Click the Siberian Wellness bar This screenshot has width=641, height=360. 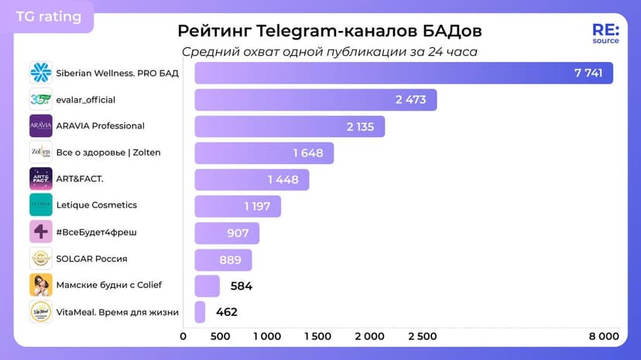pyautogui.click(x=403, y=74)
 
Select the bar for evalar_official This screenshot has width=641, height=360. pyautogui.click(x=315, y=100)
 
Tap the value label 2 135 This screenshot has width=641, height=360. pyautogui.click(x=360, y=126)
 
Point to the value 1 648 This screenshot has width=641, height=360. pyautogui.click(x=308, y=153)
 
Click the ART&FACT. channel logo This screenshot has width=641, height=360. pyautogui.click(x=41, y=179)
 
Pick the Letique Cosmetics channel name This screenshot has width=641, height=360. pyautogui.click(x=96, y=205)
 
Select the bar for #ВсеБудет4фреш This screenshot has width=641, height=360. pyautogui.click(x=226, y=233)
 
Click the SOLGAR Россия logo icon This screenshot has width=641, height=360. pyautogui.click(x=41, y=259)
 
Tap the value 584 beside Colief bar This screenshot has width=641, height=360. pyautogui.click(x=242, y=286)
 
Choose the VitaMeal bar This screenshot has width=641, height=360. pyautogui.click(x=200, y=312)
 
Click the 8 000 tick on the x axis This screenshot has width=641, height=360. pyautogui.click(x=604, y=336)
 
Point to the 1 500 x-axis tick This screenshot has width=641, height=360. pyautogui.click(x=317, y=336)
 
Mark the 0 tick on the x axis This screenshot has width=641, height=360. pyautogui.click(x=183, y=336)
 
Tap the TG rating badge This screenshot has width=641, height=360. pyautogui.click(x=48, y=16)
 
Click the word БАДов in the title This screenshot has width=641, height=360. pyautogui.click(x=452, y=31)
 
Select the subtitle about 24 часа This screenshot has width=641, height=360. pyautogui.click(x=329, y=52)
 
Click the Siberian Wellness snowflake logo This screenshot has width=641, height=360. pyautogui.click(x=41, y=73)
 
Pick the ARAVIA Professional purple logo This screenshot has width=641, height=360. pyautogui.click(x=41, y=126)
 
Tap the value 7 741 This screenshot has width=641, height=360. pyautogui.click(x=588, y=73)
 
